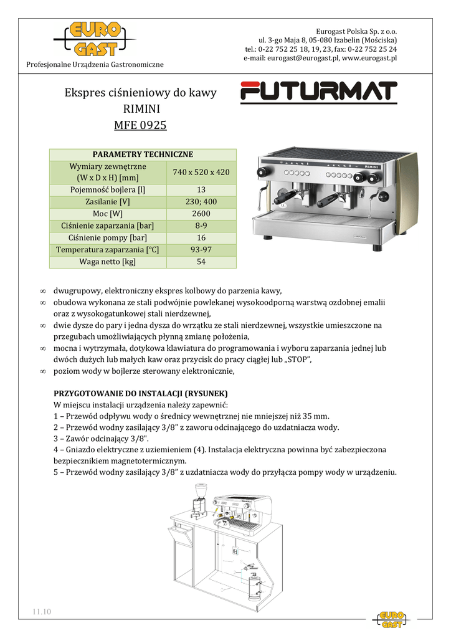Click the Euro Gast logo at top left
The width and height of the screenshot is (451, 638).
tap(94, 40)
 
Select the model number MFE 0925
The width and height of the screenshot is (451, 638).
tap(140, 125)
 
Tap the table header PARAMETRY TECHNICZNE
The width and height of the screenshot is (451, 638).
tap(143, 155)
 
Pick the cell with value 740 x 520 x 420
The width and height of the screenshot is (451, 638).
tap(201, 172)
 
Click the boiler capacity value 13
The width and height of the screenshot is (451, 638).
tap(201, 190)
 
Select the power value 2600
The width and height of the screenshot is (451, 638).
tap(201, 214)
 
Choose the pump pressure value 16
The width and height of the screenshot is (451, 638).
tap(201, 238)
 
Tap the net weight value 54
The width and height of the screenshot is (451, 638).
tap(201, 262)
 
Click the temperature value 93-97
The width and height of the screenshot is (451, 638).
tap(201, 250)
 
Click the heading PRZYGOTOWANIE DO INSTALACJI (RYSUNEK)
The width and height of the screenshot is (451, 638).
tap(141, 394)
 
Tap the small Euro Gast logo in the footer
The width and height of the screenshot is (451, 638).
tap(392, 619)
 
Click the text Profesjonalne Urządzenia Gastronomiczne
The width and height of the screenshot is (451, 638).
tap(95, 65)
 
